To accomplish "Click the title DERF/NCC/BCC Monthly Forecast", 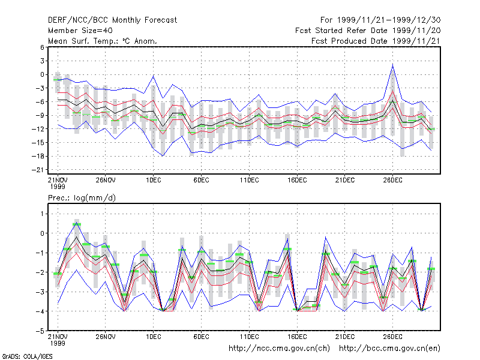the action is [112, 20].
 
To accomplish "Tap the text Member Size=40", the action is [80, 31].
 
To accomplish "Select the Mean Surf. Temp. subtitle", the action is [103, 41].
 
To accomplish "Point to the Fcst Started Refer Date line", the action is [368, 31].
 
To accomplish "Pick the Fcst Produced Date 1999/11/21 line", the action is [376, 41].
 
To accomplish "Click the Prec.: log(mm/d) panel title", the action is [82, 198].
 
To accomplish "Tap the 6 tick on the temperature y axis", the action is [42, 47].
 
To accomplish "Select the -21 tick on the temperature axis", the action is [38, 170].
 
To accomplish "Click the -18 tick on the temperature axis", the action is [38, 156].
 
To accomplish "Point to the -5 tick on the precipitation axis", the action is [40, 331].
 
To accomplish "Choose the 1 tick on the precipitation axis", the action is [43, 214].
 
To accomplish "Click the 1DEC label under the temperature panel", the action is [154, 180].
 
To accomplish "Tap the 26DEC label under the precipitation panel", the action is [393, 337].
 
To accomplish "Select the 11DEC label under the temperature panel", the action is [249, 180].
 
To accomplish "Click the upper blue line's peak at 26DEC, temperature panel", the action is [393, 64].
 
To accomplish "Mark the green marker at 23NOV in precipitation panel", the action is [77, 224].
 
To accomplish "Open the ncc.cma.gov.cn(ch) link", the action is [280, 349].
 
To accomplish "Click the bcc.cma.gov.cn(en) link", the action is [389, 349].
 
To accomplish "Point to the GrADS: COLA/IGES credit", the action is [27, 356].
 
